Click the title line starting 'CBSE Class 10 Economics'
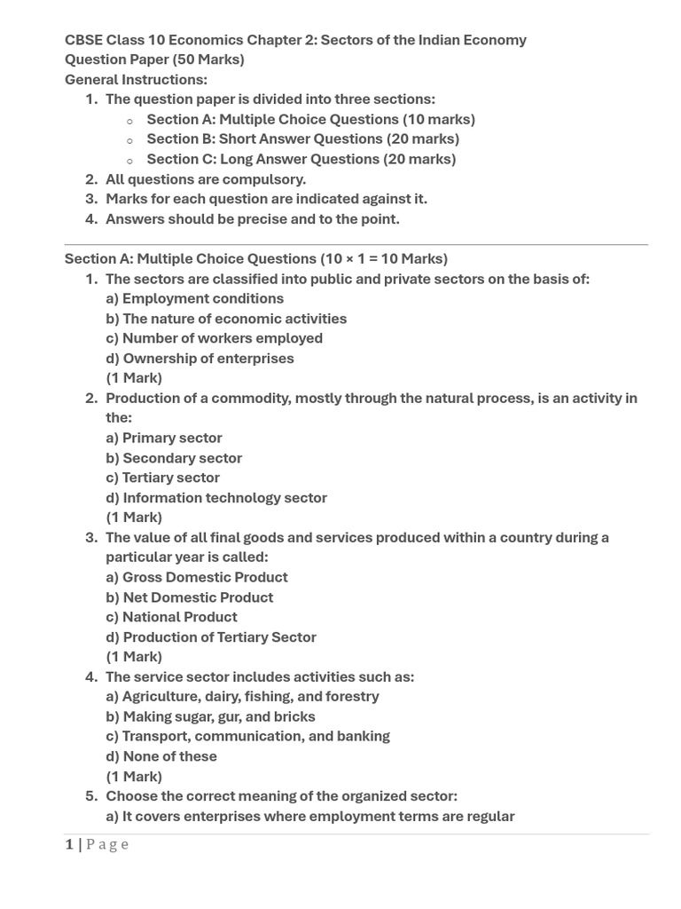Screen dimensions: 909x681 (x=295, y=40)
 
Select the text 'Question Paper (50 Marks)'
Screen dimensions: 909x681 (x=154, y=59)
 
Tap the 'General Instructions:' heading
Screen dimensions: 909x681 (x=136, y=80)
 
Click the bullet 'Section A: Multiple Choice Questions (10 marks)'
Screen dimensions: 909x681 (x=310, y=119)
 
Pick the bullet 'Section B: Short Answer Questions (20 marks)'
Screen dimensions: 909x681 (x=302, y=138)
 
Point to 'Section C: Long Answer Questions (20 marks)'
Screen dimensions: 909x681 (x=301, y=159)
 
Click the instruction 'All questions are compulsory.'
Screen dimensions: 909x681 (x=206, y=179)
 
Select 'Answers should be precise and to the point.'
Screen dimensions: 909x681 (x=253, y=218)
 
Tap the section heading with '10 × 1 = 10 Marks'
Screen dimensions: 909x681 (x=256, y=258)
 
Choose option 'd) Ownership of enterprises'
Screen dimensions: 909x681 (x=200, y=359)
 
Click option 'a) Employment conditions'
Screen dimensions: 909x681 (x=195, y=298)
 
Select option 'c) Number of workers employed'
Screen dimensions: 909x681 (x=214, y=338)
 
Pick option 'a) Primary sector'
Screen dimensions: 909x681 (x=164, y=438)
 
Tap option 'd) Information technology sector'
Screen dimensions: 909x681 (x=216, y=498)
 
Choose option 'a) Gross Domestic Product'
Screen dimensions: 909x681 (x=197, y=577)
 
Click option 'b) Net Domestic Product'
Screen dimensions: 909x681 (x=190, y=597)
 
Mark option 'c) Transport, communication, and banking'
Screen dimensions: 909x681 (x=247, y=736)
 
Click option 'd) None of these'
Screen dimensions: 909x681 (x=161, y=756)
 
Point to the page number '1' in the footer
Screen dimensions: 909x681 (x=69, y=844)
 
